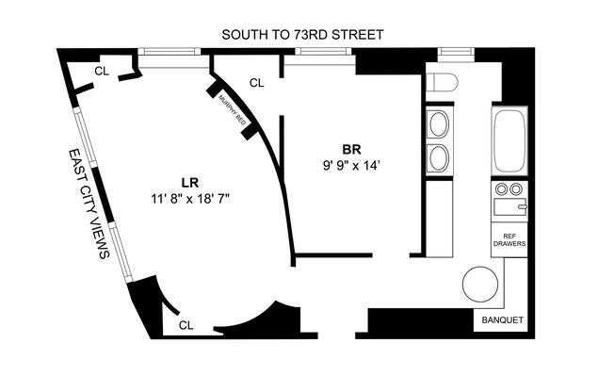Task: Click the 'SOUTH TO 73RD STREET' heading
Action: pos(302,35)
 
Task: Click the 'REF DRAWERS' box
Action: pos(509,240)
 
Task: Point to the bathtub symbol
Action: pos(509,141)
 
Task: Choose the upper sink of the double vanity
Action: pos(439,123)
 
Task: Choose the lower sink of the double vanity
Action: pos(439,155)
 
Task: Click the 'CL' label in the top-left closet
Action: pos(100,72)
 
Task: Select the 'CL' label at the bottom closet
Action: pos(186,324)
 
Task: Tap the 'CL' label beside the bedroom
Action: pos(256,83)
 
